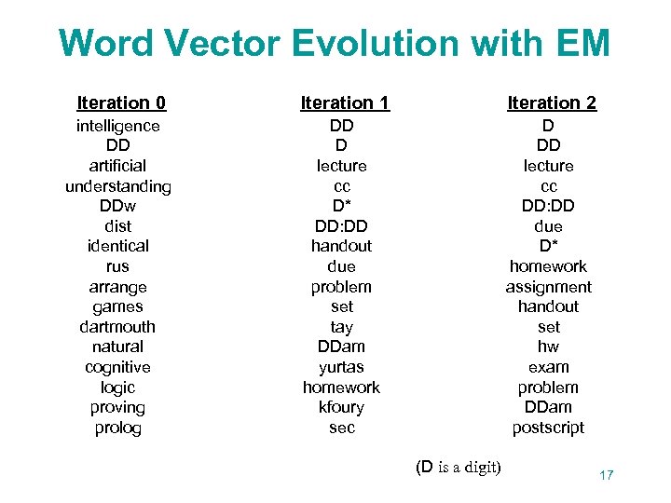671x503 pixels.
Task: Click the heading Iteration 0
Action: pyautogui.click(x=121, y=102)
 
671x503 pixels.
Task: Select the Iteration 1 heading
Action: pyautogui.click(x=345, y=102)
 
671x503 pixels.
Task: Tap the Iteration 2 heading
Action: pyautogui.click(x=552, y=102)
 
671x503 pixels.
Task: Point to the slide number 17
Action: pyautogui.click(x=606, y=475)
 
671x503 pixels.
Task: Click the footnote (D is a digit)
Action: pyautogui.click(x=458, y=467)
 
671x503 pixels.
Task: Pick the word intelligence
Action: pyautogui.click(x=117, y=126)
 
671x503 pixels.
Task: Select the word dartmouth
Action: pyautogui.click(x=117, y=327)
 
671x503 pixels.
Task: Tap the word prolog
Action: pyautogui.click(x=117, y=428)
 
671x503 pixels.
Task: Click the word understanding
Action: pyautogui.click(x=117, y=186)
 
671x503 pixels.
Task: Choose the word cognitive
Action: pyautogui.click(x=117, y=367)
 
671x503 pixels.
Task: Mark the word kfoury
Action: pyautogui.click(x=341, y=407)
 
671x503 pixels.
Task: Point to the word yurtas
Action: pyautogui.click(x=341, y=367)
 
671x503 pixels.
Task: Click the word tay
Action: pyautogui.click(x=341, y=327)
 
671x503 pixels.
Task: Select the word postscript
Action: pyautogui.click(x=548, y=428)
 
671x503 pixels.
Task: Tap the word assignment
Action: pyautogui.click(x=548, y=287)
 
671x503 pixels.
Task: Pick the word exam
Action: pyautogui.click(x=548, y=367)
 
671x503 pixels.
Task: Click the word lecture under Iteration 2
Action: pyautogui.click(x=548, y=166)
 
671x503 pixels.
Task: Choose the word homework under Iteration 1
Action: pyautogui.click(x=341, y=387)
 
